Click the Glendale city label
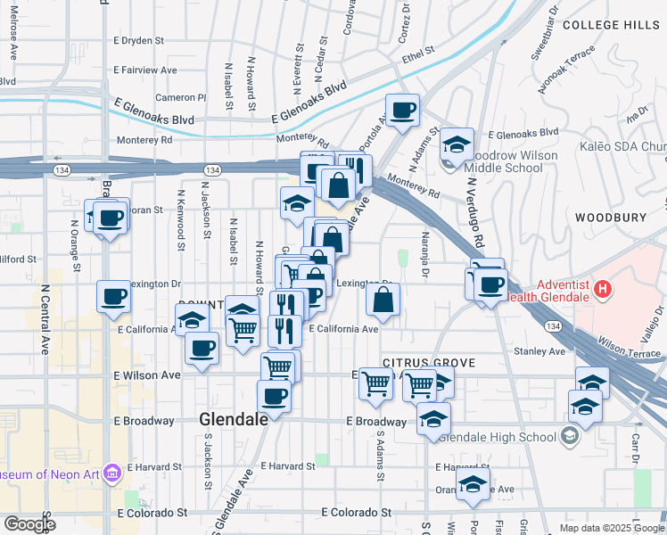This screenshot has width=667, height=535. [234, 418]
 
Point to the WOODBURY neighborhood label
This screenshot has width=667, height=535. [610, 218]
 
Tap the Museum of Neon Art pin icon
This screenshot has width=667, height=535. [112, 470]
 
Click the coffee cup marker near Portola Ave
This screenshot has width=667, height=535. [402, 110]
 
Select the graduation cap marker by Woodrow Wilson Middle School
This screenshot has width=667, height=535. [457, 144]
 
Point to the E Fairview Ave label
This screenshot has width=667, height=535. [145, 70]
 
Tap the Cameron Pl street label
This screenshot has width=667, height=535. [181, 97]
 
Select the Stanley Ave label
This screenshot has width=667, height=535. [539, 351]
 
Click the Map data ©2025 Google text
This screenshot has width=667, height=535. [611, 528]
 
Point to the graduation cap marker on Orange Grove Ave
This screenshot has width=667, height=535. [473, 485]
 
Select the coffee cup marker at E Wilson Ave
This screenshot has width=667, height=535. [202, 347]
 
